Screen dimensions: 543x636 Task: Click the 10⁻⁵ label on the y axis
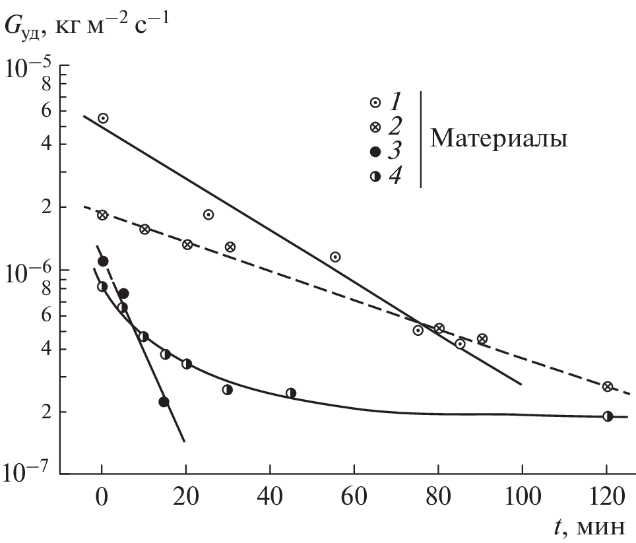click(28, 68)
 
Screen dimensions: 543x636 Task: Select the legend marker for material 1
click(375, 102)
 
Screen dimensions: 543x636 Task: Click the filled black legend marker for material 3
click(375, 152)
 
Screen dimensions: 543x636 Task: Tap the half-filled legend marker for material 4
click(375, 176)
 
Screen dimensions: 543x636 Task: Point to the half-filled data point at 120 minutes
click(608, 416)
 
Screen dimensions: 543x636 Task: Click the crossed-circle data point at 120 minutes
click(608, 387)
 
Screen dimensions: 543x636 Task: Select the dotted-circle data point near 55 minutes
click(335, 257)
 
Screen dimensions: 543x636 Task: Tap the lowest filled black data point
click(164, 402)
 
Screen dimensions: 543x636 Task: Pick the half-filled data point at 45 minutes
click(291, 393)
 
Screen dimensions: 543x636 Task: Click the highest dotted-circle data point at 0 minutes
click(103, 118)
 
